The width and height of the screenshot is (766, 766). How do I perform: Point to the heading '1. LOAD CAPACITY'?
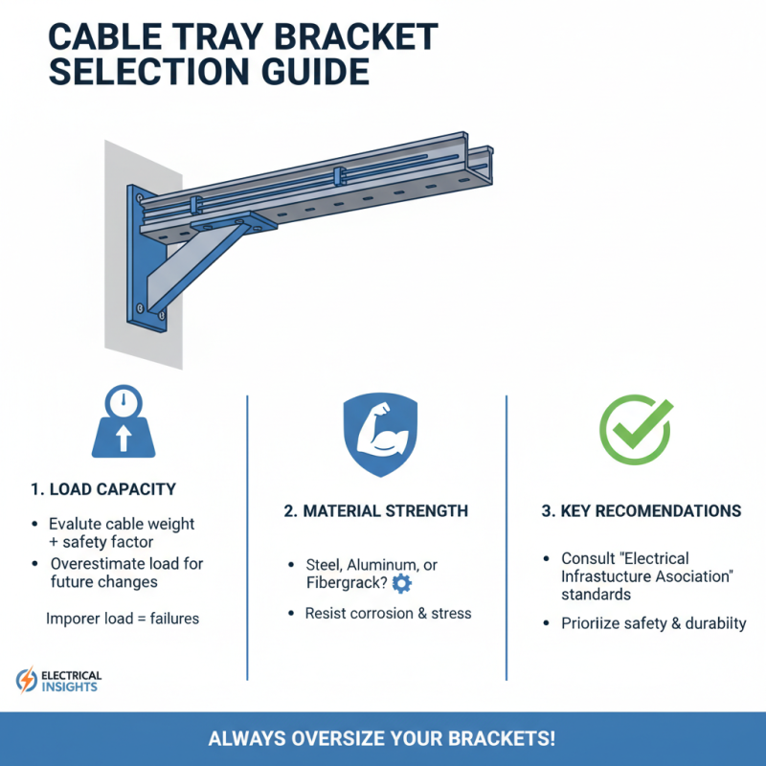tap(103, 489)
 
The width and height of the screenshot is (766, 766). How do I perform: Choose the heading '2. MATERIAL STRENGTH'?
tap(375, 511)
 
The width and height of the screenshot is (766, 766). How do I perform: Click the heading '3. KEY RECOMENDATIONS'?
tap(641, 511)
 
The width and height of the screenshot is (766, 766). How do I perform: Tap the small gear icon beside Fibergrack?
tap(401, 583)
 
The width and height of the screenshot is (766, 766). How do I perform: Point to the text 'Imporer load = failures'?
tap(123, 619)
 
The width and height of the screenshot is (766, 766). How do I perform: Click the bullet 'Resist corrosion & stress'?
tap(388, 613)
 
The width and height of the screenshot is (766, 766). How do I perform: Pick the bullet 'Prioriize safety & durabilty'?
tap(654, 623)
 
